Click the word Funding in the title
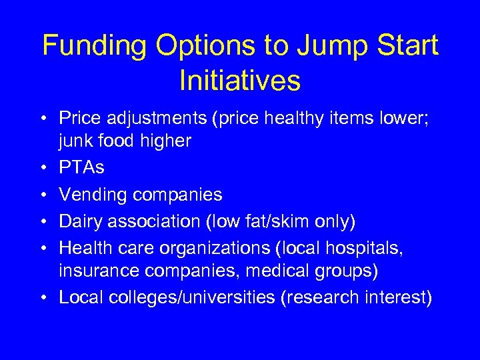(x=95, y=46)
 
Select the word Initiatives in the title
(x=240, y=81)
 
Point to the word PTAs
(x=82, y=167)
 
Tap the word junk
(x=74, y=141)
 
